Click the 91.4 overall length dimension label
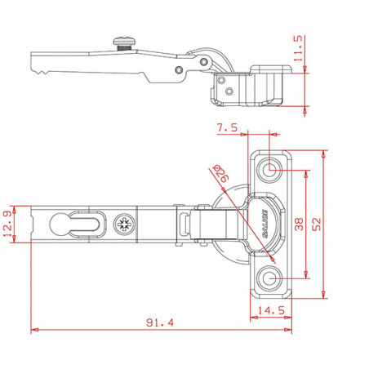pos(160,322)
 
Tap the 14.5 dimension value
pos(271,310)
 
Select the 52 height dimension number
pos(317,225)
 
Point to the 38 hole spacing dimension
pos(299,225)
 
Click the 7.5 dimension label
pos(227,127)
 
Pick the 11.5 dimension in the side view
pos(298,48)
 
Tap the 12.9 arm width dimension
pos(7,225)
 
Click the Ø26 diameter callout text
pos(221,173)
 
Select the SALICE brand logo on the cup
pos(265,224)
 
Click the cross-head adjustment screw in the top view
pos(125,225)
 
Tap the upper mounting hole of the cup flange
pos(269,170)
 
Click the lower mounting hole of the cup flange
pos(269,278)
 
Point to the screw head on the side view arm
pos(125,42)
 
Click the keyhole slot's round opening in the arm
pos(59,224)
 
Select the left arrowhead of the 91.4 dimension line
pos(34,330)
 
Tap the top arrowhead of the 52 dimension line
pos(323,154)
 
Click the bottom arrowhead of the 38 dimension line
pos(306,274)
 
